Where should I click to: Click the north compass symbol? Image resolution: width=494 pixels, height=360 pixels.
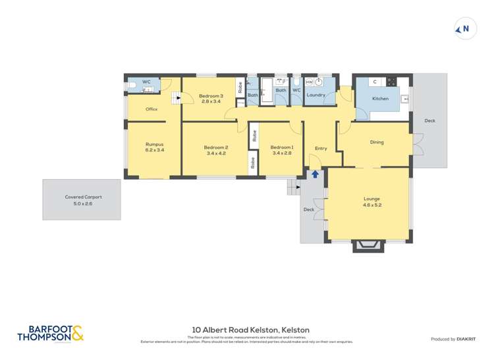coord(466,29)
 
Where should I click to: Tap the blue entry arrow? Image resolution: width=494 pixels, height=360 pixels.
coord(315,174)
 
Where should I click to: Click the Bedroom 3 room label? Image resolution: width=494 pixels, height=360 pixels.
coord(211,99)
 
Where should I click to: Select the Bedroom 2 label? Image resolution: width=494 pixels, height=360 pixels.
coord(216,150)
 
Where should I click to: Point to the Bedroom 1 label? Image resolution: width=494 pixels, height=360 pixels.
coord(281,150)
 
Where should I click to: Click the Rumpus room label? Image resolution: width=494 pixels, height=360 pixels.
coord(154,147)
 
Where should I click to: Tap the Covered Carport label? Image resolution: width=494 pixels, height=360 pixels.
coord(83,200)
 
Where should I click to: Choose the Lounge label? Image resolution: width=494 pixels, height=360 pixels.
coord(371,201)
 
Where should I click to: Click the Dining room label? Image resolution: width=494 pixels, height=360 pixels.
coord(376,142)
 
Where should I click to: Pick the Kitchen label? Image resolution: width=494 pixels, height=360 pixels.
coord(380,99)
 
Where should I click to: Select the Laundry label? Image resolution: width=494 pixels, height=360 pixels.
coord(316,95)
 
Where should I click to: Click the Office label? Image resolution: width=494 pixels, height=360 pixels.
coord(151,109)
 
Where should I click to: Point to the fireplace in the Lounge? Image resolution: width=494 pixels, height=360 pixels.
coord(366,245)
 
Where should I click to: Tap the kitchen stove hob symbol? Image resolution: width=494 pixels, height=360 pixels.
coord(391,82)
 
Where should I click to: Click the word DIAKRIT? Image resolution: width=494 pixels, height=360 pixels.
coord(467,339)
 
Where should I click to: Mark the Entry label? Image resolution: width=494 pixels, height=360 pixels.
coord(321,148)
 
